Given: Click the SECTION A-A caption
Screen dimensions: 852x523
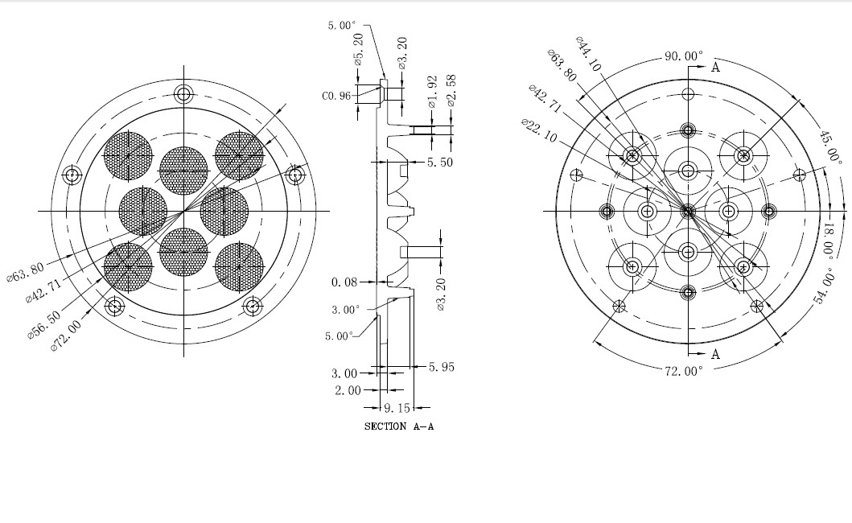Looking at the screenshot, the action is pos(399,426).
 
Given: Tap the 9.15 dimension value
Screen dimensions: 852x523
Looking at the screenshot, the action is pos(397,408).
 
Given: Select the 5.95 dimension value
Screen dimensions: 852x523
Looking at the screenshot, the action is pos(441,367).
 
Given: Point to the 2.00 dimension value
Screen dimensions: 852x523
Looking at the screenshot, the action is pos(348,390).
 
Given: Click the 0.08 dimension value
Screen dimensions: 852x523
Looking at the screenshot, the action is pos(344,282).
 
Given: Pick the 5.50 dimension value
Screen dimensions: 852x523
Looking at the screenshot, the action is pos(439,162).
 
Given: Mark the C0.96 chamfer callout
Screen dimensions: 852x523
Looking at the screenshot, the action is pos(336,97).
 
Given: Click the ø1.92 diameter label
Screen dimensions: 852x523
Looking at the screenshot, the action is pos(433,92).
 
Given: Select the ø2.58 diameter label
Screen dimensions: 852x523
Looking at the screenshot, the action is pos(451,91).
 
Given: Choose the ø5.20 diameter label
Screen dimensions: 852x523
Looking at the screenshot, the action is pos(358,49).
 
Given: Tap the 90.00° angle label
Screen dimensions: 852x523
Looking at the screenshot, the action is pos(684,56).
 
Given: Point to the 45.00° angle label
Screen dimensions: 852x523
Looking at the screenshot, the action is pos(829,146).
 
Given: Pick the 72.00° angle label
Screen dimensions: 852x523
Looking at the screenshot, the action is pos(684,371).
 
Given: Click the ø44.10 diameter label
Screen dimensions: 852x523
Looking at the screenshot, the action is pos(588,55).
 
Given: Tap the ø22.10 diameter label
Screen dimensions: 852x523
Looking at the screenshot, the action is pos(540,130).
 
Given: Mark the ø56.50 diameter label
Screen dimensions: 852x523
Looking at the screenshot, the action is pos(44,324).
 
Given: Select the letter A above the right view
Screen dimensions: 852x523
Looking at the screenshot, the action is pos(715,68).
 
